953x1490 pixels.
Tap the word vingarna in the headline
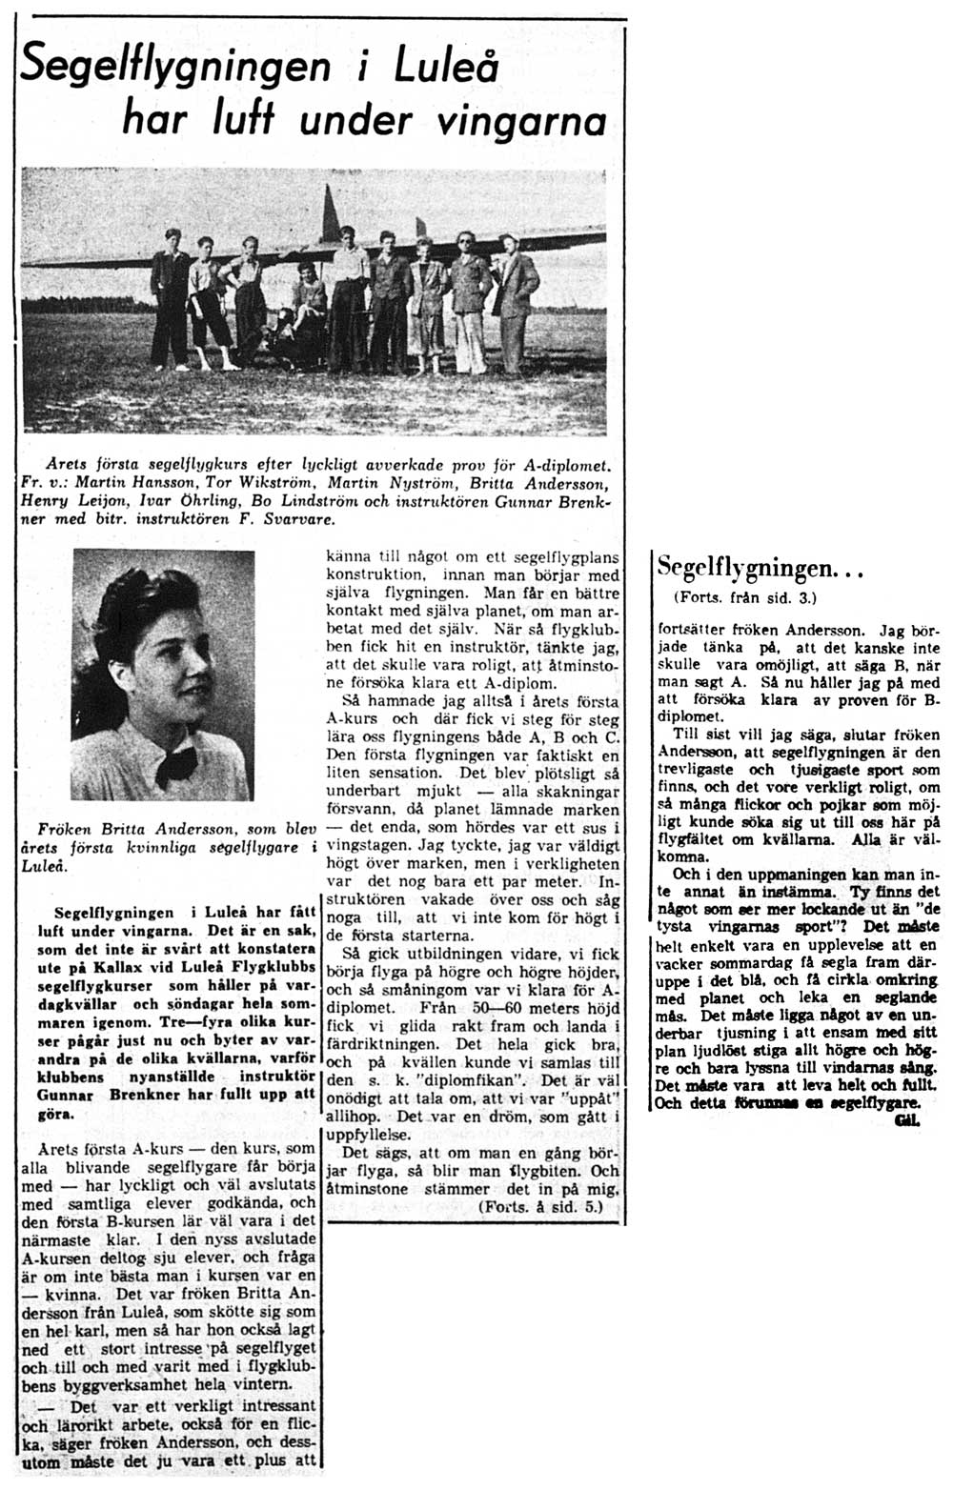[518, 121]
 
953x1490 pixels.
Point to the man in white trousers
[469, 305]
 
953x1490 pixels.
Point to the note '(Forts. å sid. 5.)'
[541, 1206]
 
